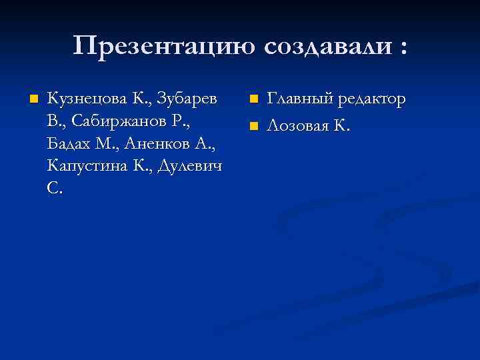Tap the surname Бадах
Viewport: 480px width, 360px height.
(x=69, y=144)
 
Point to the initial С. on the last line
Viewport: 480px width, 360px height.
(x=55, y=188)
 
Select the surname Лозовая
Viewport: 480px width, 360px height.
(x=299, y=125)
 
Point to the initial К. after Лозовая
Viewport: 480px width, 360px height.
(x=342, y=125)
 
